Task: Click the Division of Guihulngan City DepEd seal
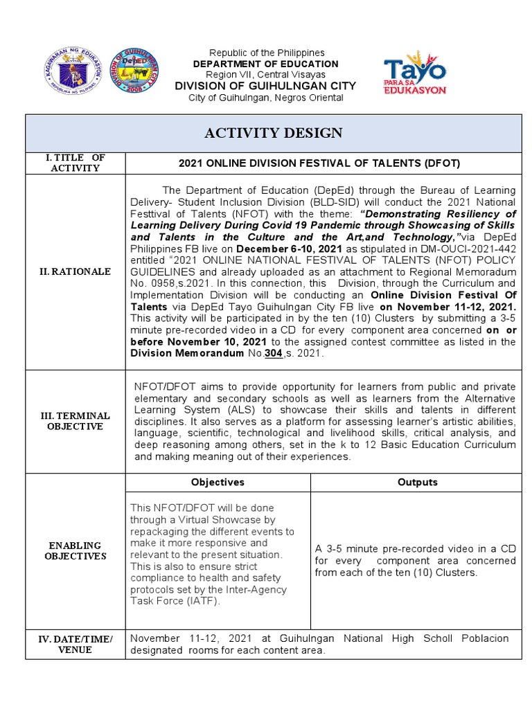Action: (x=134, y=73)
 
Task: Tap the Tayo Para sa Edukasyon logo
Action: (x=415, y=73)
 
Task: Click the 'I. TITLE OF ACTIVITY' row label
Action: (x=76, y=163)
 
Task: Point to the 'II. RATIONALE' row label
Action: (x=76, y=271)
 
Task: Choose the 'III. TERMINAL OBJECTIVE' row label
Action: (x=76, y=421)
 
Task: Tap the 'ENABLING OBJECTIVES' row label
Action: (x=76, y=550)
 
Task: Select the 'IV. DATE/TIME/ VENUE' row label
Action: (x=76, y=645)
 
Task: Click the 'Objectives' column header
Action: (x=218, y=482)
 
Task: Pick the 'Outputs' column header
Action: (x=417, y=482)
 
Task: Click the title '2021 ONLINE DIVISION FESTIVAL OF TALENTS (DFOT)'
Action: (x=319, y=163)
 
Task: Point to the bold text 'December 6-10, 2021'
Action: (x=283, y=249)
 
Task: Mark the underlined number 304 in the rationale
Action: (x=273, y=353)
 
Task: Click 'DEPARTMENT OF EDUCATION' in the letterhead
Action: (x=266, y=64)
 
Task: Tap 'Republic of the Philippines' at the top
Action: (x=266, y=53)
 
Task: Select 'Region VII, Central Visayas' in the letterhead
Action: (x=266, y=75)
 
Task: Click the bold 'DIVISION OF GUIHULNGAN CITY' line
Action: (x=266, y=86)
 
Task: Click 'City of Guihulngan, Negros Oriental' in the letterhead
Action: (x=266, y=98)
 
